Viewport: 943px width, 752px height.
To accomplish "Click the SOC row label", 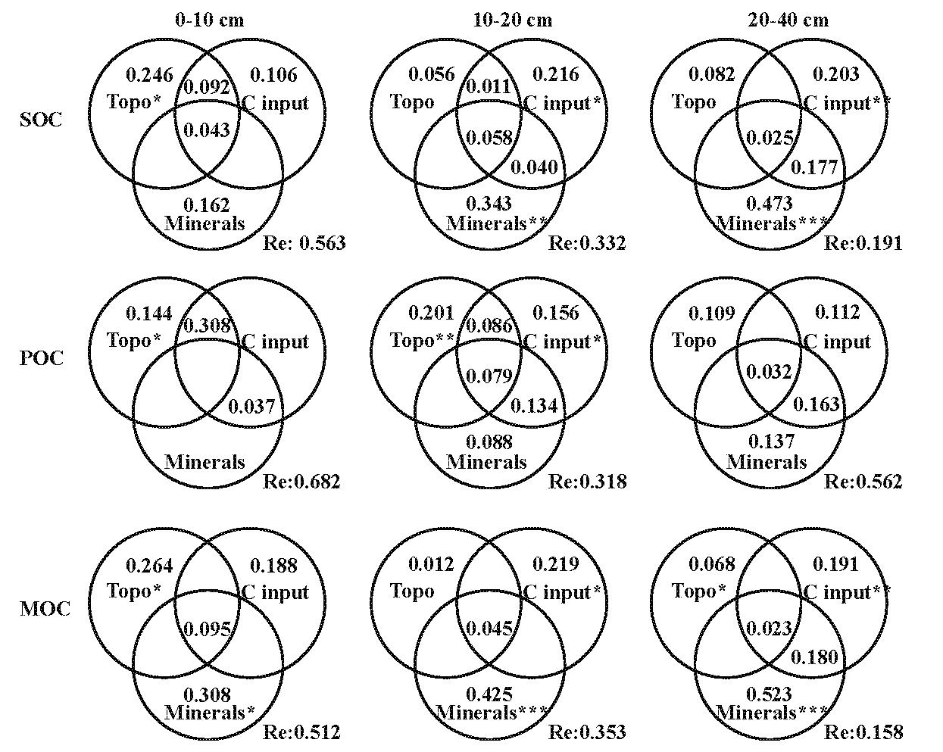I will [41, 120].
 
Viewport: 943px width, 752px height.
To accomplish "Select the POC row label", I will [41, 357].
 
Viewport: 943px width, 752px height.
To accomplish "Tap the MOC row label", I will [44, 609].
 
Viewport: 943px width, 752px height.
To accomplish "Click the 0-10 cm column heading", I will [210, 20].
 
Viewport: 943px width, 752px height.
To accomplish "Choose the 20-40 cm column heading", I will [788, 20].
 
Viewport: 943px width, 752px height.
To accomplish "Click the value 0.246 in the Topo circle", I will [149, 75].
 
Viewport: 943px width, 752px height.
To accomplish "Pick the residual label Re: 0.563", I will [304, 243].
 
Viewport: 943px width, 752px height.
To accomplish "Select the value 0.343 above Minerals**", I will [489, 204].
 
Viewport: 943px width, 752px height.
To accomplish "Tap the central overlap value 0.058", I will [489, 138].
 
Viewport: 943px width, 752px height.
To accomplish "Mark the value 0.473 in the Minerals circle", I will [770, 204].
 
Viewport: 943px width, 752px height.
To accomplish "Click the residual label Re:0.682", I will [301, 482].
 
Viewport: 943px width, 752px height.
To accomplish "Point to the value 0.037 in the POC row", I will [251, 407].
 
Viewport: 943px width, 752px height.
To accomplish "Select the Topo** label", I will [421, 342].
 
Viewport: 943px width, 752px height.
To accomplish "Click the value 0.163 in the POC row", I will [816, 404].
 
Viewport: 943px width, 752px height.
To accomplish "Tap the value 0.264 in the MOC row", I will [149, 566].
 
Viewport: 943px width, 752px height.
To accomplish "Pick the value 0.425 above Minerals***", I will [489, 694].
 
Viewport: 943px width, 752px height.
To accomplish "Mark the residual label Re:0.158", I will [863, 732].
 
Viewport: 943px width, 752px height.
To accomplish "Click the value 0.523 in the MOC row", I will [770, 694].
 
